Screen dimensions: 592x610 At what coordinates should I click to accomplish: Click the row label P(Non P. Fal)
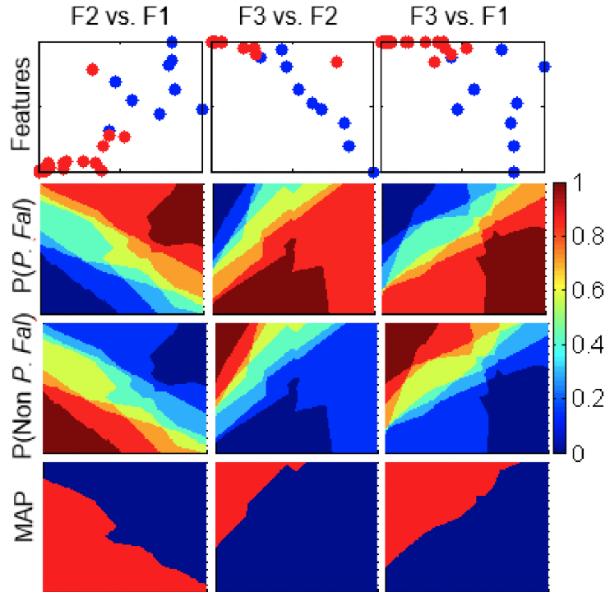point(23,386)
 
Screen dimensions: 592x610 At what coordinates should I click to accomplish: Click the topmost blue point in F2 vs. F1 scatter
point(172,42)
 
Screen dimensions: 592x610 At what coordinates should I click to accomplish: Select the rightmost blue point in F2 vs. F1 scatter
point(201,109)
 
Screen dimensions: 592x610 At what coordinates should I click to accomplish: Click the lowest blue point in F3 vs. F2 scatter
point(373,172)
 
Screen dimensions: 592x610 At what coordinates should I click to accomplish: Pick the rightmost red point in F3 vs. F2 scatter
point(335,62)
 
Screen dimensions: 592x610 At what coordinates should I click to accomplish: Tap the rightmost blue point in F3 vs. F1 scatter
point(543,67)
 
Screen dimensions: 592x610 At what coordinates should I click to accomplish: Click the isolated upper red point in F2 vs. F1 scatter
point(92,70)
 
